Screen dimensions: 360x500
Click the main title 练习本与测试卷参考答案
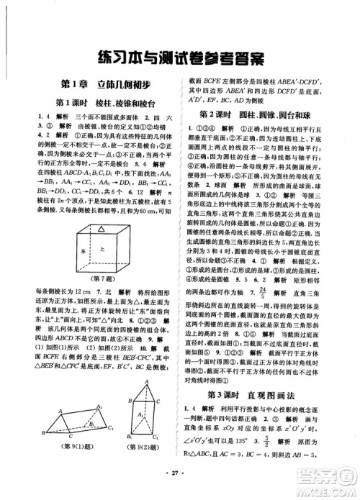180,56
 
